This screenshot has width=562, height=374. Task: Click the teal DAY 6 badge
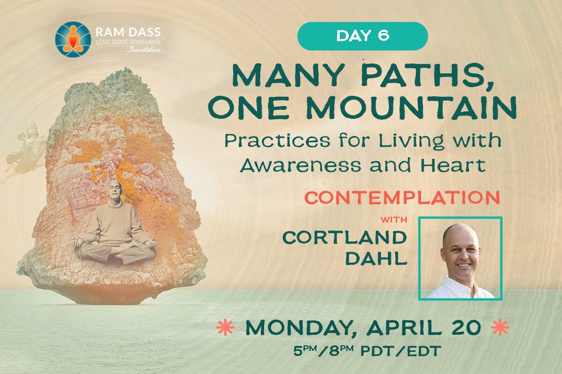[x=362, y=36]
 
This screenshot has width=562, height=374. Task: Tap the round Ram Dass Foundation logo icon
[x=73, y=39]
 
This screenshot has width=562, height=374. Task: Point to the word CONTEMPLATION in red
[x=402, y=198]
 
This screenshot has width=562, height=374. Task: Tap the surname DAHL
[x=376, y=258]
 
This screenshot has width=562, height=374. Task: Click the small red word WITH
[x=394, y=220]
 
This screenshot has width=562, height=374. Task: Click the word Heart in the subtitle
[x=453, y=165]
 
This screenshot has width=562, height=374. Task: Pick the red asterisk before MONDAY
[x=225, y=327]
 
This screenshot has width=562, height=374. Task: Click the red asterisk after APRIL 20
[x=500, y=327]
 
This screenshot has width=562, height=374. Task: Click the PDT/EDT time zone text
[x=401, y=351]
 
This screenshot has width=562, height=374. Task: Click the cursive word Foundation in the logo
[x=144, y=49]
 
